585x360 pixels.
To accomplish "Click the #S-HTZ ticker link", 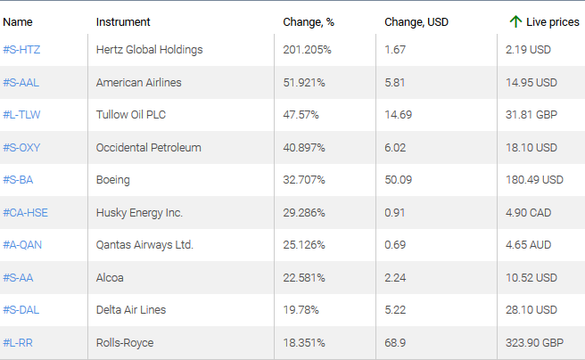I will pos(22,50).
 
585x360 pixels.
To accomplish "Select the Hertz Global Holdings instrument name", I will pos(149,50).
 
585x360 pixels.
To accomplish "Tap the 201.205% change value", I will pos(307,50).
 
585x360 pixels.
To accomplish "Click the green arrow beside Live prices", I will pos(515,20).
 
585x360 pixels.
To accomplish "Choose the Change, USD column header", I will pos(416,21).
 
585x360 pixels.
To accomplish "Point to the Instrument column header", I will pos(123,21).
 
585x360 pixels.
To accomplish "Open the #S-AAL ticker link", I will pos(21,83).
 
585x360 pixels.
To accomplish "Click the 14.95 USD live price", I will pos(533,83).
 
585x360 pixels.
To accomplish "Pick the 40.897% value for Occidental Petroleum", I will pos(305,148).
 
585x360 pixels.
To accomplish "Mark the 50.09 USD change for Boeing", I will pos(399,180).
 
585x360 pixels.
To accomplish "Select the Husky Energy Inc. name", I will pos(139,213).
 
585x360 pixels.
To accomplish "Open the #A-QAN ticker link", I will pos(23,245).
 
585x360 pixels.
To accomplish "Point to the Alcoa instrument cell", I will pos(110,278).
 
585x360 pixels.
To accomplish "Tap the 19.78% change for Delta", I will pos(301,310).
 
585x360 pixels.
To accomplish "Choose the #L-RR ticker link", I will pos(19,343).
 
